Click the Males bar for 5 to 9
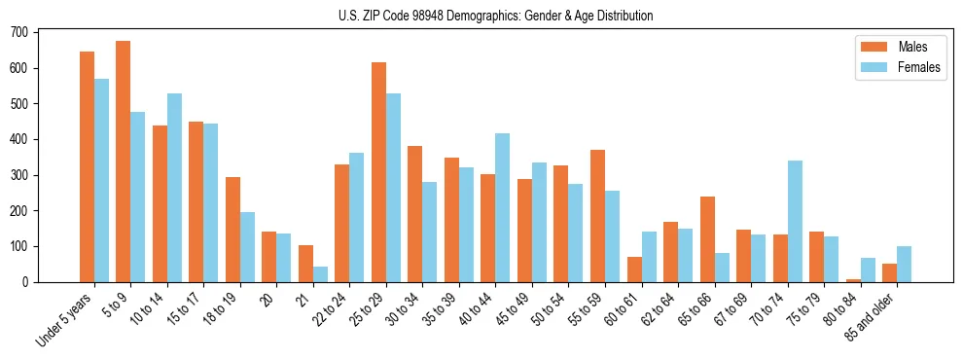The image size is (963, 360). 124,162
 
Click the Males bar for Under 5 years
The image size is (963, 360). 87,166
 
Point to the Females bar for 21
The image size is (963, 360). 320,274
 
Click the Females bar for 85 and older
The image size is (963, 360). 904,264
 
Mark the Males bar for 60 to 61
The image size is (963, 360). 634,270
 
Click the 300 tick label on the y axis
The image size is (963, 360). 19,175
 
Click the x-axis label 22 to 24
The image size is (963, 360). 330,314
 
